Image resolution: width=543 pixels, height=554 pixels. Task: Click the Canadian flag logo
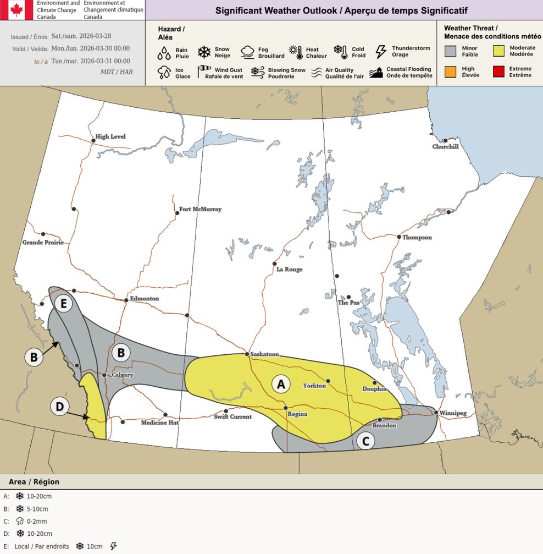(16, 10)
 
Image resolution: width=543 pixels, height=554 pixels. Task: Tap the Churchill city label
(445, 147)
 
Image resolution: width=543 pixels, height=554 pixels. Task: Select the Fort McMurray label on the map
(201, 210)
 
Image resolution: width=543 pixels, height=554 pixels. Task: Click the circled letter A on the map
(281, 384)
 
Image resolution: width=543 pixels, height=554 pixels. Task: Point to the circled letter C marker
(365, 440)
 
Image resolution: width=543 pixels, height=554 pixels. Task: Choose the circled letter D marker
(60, 407)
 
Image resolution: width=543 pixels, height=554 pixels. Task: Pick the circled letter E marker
(64, 303)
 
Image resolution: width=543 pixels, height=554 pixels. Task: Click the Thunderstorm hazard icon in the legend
(380, 52)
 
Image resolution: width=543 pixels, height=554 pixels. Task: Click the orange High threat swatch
(451, 72)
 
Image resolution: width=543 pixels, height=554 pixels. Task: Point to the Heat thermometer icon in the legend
(299, 52)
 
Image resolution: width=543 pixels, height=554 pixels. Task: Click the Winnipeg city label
(453, 413)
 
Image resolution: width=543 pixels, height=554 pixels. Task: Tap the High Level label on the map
(110, 136)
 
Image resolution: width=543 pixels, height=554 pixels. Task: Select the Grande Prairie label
(43, 243)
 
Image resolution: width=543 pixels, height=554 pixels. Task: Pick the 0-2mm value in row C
(37, 521)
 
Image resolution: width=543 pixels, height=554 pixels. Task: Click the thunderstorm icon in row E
(114, 546)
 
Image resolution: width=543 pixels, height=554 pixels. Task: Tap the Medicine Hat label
(160, 423)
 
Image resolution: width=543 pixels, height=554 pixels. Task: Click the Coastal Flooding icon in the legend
(376, 73)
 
